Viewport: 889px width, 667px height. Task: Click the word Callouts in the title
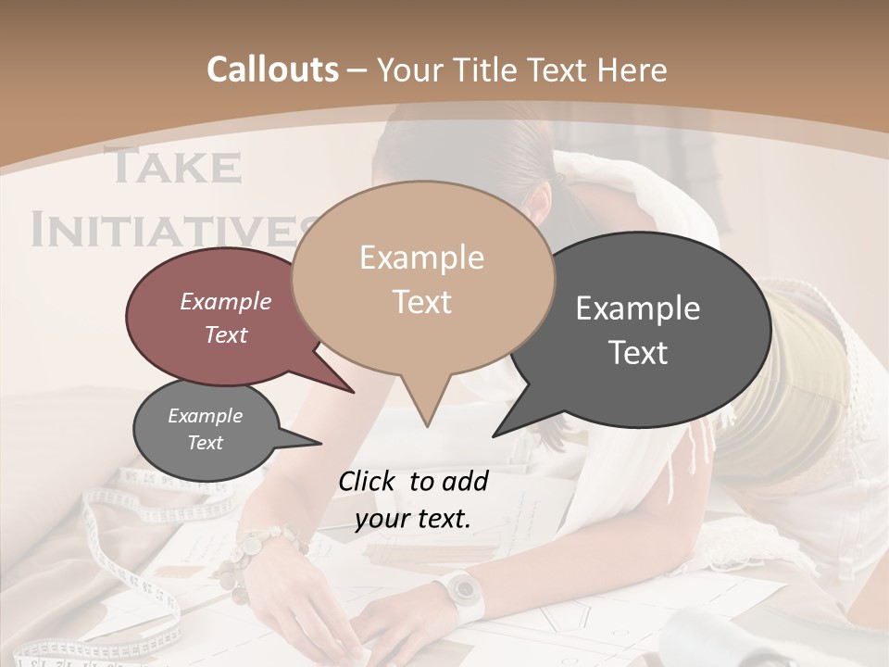(272, 69)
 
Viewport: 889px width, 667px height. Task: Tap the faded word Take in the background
(173, 167)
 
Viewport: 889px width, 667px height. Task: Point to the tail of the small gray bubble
(301, 440)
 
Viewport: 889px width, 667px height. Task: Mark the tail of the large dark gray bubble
(515, 422)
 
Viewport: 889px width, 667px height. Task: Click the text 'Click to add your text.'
(413, 500)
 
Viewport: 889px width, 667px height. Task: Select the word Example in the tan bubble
(421, 258)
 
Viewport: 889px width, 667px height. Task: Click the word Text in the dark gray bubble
(638, 353)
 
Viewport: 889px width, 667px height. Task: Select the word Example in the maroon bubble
(226, 302)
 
